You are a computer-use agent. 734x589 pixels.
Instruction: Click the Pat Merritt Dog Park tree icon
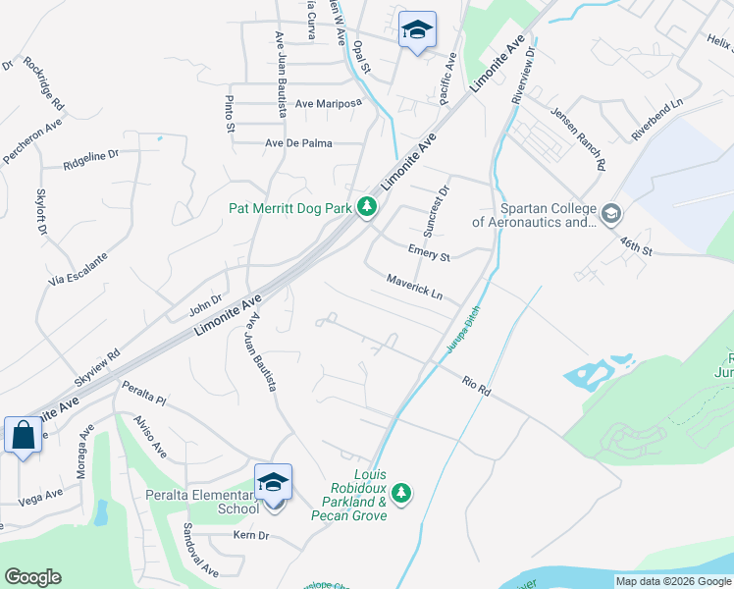[x=367, y=207]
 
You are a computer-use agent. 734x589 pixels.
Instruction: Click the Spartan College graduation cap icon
[x=611, y=213]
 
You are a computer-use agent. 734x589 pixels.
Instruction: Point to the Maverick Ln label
[x=414, y=288]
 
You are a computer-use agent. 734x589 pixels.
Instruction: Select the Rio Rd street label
[x=476, y=386]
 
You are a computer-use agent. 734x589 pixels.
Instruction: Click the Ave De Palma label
[x=299, y=143]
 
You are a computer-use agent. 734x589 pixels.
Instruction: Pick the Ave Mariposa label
[x=329, y=103]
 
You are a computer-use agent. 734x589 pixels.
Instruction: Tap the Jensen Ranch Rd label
[x=577, y=138]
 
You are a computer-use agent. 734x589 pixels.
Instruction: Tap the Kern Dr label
[x=251, y=535]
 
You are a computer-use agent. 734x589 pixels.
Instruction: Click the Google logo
[x=33, y=577]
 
